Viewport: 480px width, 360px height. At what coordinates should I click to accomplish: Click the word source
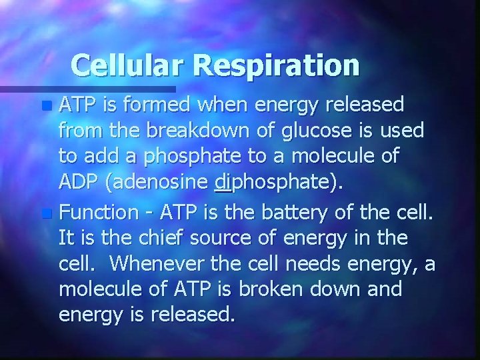coord(221,238)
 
